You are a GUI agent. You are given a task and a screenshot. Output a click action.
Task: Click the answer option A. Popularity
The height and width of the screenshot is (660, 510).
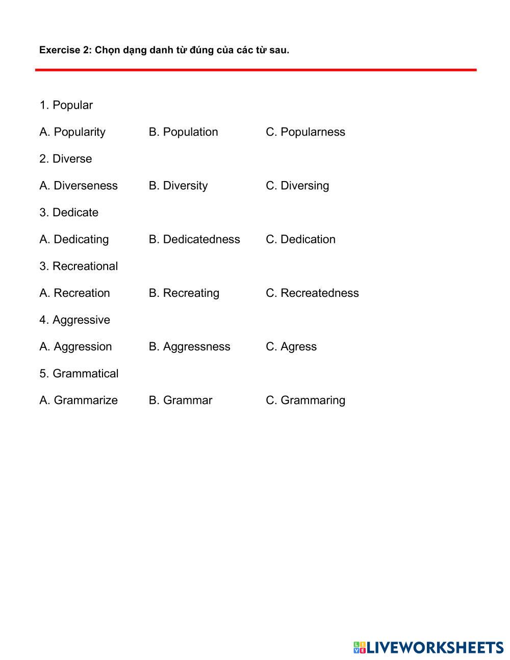click(x=72, y=132)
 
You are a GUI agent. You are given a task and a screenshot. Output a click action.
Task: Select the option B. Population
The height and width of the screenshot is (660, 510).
click(x=183, y=132)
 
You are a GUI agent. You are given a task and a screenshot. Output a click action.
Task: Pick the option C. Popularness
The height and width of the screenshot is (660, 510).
click(x=305, y=132)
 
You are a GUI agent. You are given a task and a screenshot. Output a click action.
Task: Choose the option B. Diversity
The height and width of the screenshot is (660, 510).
click(x=178, y=186)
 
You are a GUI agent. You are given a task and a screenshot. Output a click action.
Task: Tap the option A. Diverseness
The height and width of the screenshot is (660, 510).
click(x=79, y=186)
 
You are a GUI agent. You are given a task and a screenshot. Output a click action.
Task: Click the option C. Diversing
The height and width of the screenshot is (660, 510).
click(x=297, y=186)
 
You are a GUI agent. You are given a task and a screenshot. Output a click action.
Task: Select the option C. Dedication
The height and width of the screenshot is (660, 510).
click(x=300, y=239)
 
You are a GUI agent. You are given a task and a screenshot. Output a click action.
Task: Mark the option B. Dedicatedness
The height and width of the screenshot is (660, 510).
click(x=194, y=239)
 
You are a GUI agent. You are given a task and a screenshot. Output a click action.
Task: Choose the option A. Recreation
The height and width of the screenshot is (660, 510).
click(x=74, y=293)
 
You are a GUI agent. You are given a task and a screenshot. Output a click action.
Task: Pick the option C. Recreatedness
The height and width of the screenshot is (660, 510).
click(x=312, y=293)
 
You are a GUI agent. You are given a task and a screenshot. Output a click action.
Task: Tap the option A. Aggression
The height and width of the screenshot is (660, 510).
click(x=75, y=347)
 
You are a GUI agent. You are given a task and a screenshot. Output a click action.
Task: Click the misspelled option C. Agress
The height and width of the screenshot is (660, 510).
click(x=291, y=347)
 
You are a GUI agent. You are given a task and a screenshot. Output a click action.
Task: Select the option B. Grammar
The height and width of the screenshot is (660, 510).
click(x=181, y=400)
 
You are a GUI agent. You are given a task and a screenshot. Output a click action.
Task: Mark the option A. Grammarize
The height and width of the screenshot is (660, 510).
click(x=79, y=400)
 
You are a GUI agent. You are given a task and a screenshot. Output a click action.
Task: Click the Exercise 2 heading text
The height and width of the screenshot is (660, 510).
click(x=164, y=50)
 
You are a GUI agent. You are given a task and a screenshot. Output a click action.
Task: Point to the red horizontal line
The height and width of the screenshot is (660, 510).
click(x=256, y=70)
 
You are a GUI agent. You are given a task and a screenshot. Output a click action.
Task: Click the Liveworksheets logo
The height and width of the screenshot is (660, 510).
click(x=428, y=647)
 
